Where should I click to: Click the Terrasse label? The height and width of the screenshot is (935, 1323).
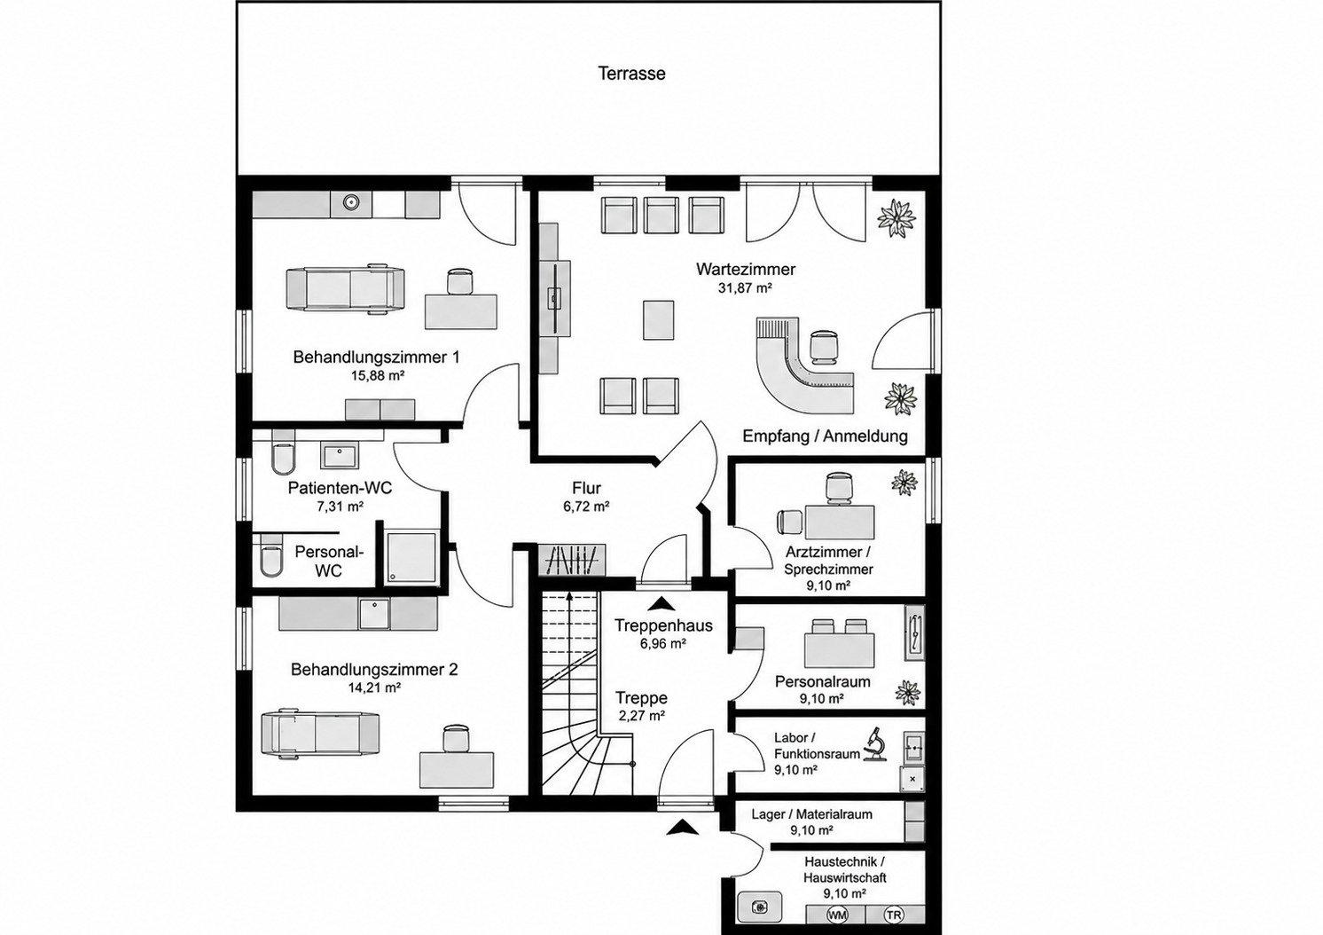coord(631,74)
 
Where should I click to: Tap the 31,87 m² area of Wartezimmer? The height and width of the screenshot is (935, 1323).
coord(746,288)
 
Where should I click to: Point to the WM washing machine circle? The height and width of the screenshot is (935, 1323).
coord(837,915)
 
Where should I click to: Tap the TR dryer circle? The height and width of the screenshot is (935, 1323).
coord(894,915)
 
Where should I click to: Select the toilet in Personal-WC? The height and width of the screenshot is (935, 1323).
coord(271,555)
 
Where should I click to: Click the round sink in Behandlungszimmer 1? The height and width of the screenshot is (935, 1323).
coord(352,203)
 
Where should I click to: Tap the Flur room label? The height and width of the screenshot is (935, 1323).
coord(586,488)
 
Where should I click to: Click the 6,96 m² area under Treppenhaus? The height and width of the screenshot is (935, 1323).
coord(662,644)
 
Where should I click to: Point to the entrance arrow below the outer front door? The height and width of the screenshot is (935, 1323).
coord(682,828)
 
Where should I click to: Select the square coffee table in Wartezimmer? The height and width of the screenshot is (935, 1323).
coord(659,319)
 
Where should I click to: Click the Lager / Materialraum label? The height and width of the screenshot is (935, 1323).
coord(811,813)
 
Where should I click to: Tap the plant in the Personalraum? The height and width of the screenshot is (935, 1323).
coord(908,693)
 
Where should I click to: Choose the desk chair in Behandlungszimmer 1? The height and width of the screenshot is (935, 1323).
coord(460,281)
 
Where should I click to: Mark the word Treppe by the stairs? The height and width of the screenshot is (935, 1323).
coord(641,697)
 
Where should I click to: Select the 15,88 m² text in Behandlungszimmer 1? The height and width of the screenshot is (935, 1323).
coord(378,375)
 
